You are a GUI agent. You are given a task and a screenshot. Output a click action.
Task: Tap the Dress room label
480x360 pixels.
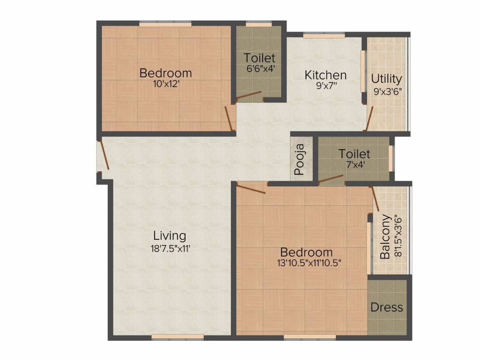pyautogui.click(x=387, y=307)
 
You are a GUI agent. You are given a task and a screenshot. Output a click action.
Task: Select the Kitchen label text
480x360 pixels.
pyautogui.click(x=326, y=75)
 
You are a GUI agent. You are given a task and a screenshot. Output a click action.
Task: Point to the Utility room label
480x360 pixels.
pyautogui.click(x=386, y=78)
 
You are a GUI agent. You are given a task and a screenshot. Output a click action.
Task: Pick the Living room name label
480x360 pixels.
pyautogui.click(x=170, y=235)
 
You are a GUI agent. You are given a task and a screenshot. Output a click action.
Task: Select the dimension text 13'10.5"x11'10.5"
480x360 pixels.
pyautogui.click(x=308, y=263)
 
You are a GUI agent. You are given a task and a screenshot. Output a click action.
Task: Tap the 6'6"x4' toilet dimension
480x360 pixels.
pyautogui.click(x=259, y=68)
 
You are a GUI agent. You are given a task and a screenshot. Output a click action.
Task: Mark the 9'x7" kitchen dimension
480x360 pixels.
pyautogui.click(x=326, y=86)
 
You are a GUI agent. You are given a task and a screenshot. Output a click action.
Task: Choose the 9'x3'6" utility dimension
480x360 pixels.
pyautogui.click(x=388, y=91)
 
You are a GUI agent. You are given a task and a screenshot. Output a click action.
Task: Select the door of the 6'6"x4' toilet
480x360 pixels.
pyautogui.click(x=248, y=96)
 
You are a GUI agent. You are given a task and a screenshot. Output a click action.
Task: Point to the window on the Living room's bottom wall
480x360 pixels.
pyautogui.click(x=178, y=337)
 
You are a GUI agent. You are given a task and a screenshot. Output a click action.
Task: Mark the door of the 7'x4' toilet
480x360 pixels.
pyautogui.click(x=330, y=179)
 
